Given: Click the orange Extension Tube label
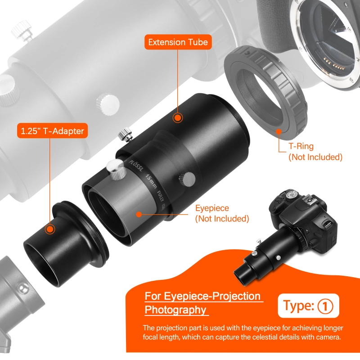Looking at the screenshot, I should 178,43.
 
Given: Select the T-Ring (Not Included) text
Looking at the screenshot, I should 315,152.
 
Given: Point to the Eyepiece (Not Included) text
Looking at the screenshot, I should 222,214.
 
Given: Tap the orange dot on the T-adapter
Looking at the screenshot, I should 49,229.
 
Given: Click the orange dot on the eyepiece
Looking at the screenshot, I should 139,216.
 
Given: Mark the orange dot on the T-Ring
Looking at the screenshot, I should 279,132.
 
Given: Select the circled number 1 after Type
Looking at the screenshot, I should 325,306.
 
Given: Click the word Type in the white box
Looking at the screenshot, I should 298,306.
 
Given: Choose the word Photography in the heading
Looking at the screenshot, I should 175,310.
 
